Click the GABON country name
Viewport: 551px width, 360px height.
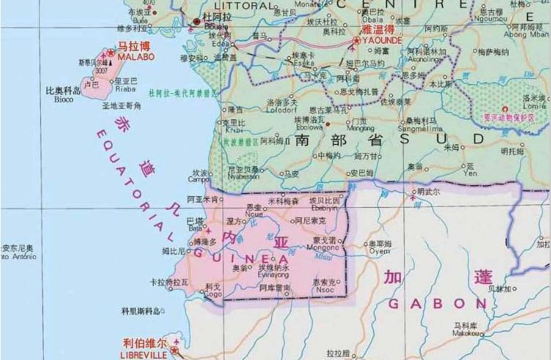click(x=437, y=303)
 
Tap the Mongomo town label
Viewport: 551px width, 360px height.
click(x=322, y=247)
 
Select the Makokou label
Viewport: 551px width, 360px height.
click(x=465, y=333)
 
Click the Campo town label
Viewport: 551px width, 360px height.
click(x=198, y=179)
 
